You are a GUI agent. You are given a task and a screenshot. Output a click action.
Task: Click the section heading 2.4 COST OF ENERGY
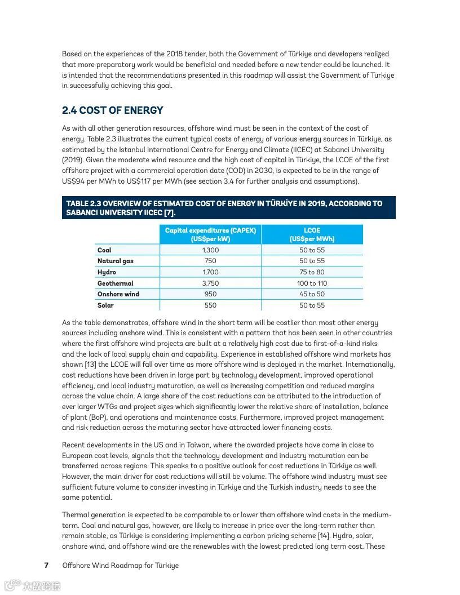[112, 110]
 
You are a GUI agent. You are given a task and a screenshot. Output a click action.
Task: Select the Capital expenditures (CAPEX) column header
[210, 234]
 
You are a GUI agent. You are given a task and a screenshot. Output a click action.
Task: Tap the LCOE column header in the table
[312, 234]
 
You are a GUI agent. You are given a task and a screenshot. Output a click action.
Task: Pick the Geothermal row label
[115, 283]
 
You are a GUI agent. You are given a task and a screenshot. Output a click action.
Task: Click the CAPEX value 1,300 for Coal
[210, 250]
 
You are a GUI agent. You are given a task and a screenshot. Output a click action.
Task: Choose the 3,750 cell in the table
[210, 283]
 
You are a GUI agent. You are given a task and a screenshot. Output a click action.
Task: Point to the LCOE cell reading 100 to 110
[312, 283]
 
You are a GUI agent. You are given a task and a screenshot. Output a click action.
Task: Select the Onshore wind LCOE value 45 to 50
[312, 294]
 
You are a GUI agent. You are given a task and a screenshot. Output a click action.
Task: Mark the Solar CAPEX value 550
[210, 305]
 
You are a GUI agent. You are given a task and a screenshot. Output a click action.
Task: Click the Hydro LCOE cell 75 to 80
[312, 272]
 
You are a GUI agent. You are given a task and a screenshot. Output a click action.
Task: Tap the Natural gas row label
[115, 261]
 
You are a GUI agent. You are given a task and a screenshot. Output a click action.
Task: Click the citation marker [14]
[323, 536]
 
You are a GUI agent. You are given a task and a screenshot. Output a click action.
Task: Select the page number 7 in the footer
[46, 565]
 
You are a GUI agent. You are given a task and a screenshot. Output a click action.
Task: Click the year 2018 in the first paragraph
[174, 54]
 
